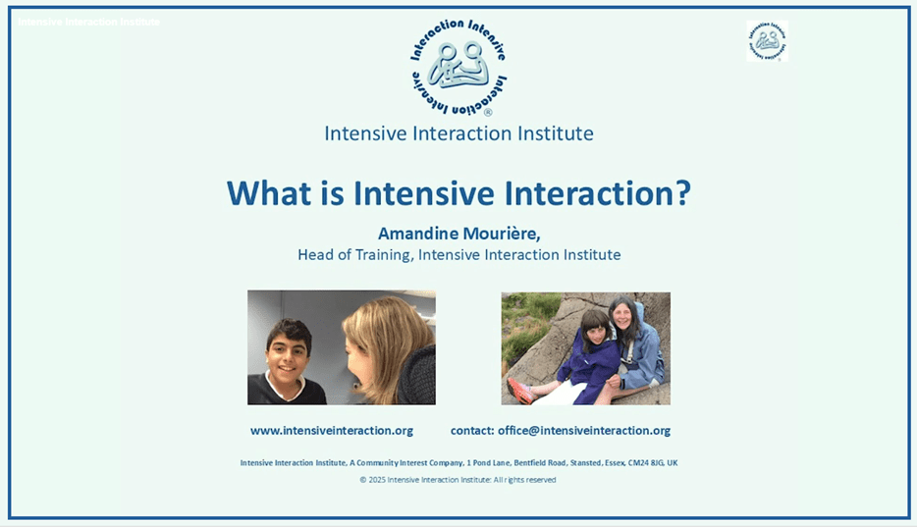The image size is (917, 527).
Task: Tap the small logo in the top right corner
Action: point(767,41)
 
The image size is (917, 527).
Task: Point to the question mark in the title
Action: point(682,192)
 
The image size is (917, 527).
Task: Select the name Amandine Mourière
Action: point(458,234)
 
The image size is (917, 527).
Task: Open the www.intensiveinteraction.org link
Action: point(332,431)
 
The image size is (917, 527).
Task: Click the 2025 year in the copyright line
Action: point(376,480)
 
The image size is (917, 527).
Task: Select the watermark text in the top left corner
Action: point(88,22)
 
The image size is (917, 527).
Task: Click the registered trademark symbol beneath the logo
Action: point(487,113)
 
